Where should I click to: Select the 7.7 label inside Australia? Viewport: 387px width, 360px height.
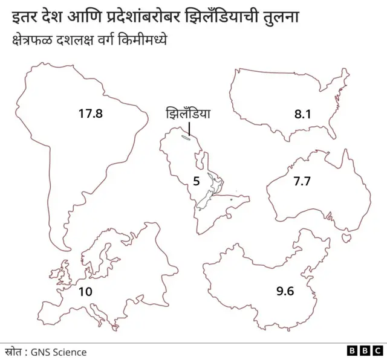[302, 181]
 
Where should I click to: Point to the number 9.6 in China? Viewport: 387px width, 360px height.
[285, 292]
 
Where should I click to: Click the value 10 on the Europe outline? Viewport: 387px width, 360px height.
[85, 292]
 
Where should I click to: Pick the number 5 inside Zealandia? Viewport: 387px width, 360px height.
[196, 181]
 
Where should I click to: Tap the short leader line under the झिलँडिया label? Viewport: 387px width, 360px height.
[189, 129]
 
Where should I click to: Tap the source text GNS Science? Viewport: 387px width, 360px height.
[59, 352]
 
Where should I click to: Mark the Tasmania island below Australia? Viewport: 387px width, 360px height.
[347, 238]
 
